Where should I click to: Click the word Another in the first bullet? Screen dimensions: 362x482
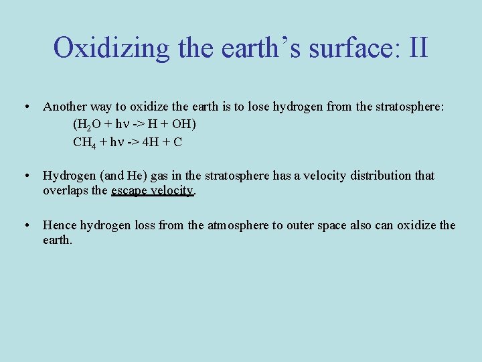[x=64, y=107]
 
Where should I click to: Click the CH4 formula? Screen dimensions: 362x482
[x=84, y=142]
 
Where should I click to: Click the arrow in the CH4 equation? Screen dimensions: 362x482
[x=132, y=142]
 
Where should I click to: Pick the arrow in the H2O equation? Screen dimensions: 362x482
[x=140, y=125]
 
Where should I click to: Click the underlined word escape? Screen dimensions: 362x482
[x=130, y=190]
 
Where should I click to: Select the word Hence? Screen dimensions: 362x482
[x=60, y=225]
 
